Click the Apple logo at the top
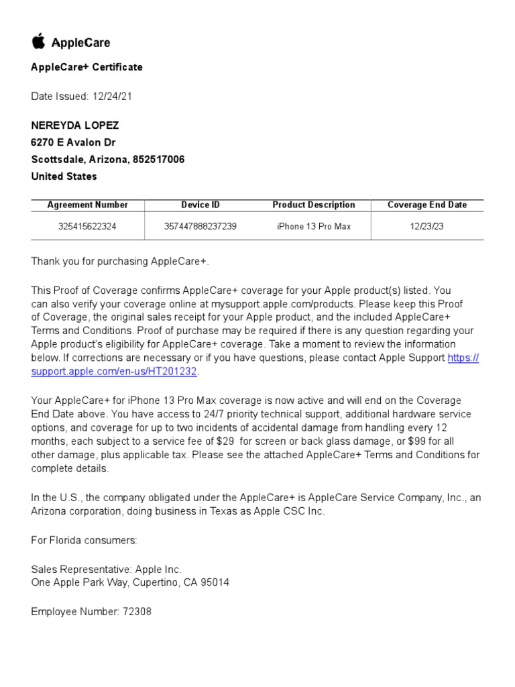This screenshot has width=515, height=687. [38, 42]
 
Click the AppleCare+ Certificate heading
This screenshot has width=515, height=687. [87, 67]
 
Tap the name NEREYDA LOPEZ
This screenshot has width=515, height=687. [74, 126]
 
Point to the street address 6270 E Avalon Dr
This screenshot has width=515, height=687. [74, 143]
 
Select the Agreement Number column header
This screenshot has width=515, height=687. [87, 205]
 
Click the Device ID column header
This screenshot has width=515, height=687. [200, 205]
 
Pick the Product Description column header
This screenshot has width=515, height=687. [313, 205]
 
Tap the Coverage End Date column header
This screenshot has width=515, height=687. [427, 205]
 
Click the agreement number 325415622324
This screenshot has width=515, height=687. [87, 227]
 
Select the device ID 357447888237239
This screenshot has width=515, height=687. [200, 227]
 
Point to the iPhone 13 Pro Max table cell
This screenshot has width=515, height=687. [313, 227]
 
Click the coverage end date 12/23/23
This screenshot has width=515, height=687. [427, 227]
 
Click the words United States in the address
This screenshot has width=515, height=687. [64, 176]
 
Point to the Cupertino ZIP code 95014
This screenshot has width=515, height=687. [214, 582]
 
